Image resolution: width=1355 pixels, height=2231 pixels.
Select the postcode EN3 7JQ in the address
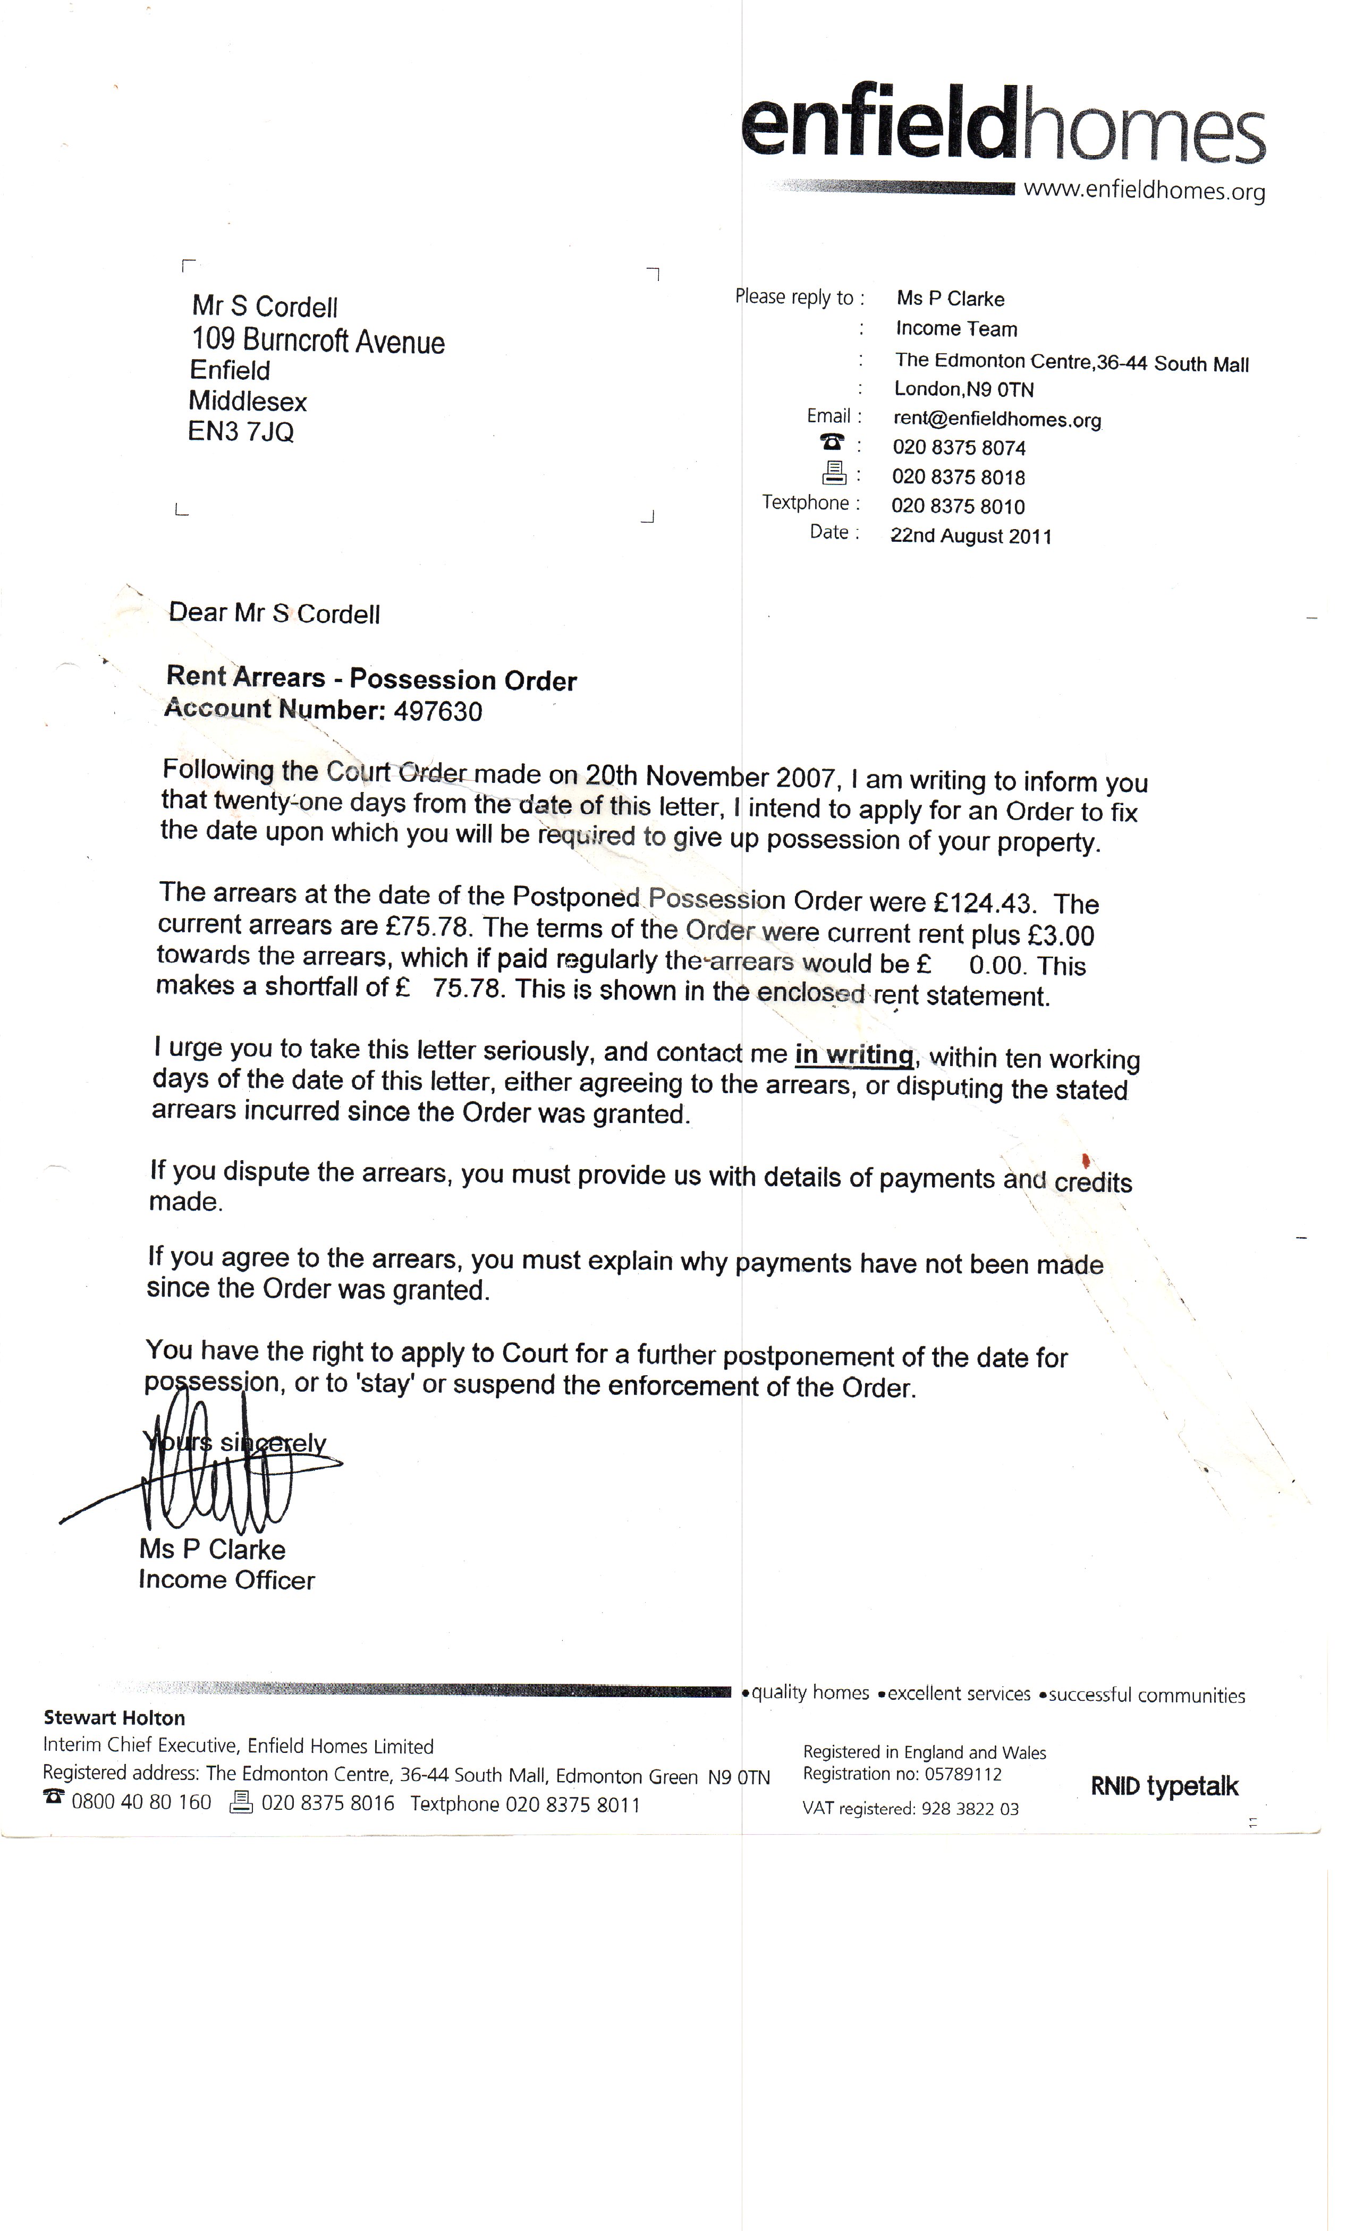pyautogui.click(x=241, y=432)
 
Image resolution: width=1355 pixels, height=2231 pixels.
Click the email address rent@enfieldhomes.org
pyautogui.click(x=996, y=419)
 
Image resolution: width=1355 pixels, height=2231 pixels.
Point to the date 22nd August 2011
pyautogui.click(x=971, y=536)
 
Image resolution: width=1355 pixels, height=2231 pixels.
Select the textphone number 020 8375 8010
pyautogui.click(x=958, y=506)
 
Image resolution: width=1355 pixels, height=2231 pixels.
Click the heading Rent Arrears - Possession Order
pyautogui.click(x=371, y=679)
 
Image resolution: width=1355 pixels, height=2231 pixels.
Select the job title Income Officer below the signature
pyautogui.click(x=226, y=1580)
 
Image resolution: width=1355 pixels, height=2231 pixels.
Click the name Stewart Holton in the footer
pyautogui.click(x=114, y=1718)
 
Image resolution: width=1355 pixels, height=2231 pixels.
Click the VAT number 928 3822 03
pyautogui.click(x=970, y=1808)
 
